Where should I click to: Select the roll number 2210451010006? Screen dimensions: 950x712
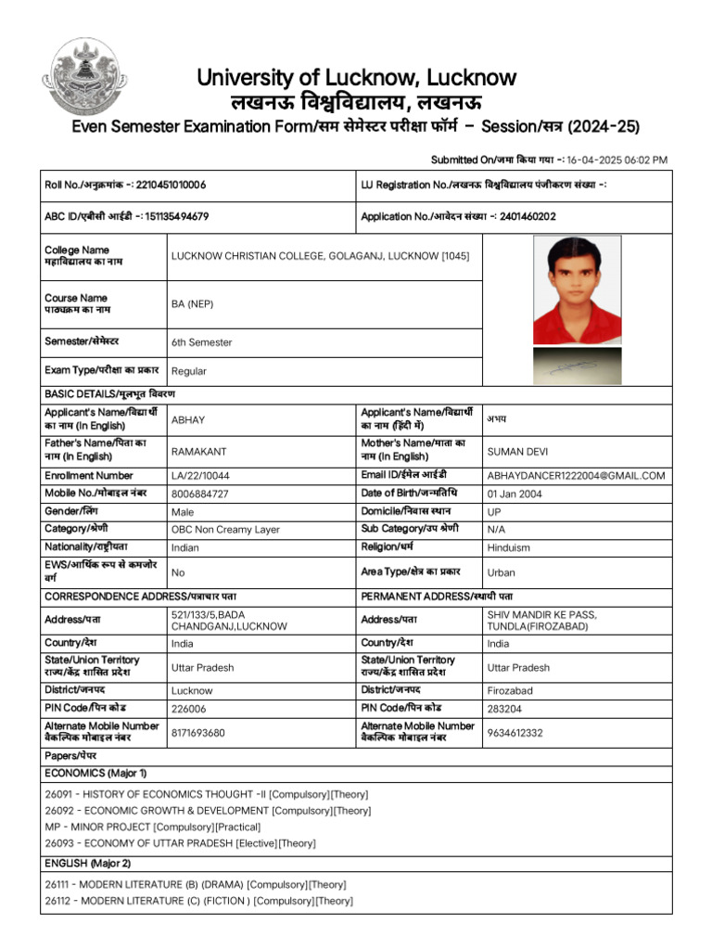tap(171, 185)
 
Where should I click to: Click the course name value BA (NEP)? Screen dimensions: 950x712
tap(192, 303)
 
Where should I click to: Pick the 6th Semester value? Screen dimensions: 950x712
tap(201, 342)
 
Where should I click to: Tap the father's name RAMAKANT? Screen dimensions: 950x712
tap(198, 451)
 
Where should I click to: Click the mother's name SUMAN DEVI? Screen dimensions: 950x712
tap(517, 452)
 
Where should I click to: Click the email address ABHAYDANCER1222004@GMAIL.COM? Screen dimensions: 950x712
tap(576, 476)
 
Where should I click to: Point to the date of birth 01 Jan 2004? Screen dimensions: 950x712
tap(515, 494)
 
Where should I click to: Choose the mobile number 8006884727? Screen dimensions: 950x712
tap(199, 494)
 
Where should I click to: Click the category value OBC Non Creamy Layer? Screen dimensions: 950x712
tap(225, 530)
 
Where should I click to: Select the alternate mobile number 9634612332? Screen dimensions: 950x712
tap(515, 733)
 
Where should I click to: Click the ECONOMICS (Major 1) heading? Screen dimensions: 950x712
tap(95, 773)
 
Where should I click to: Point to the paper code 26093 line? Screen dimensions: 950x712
tap(180, 843)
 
